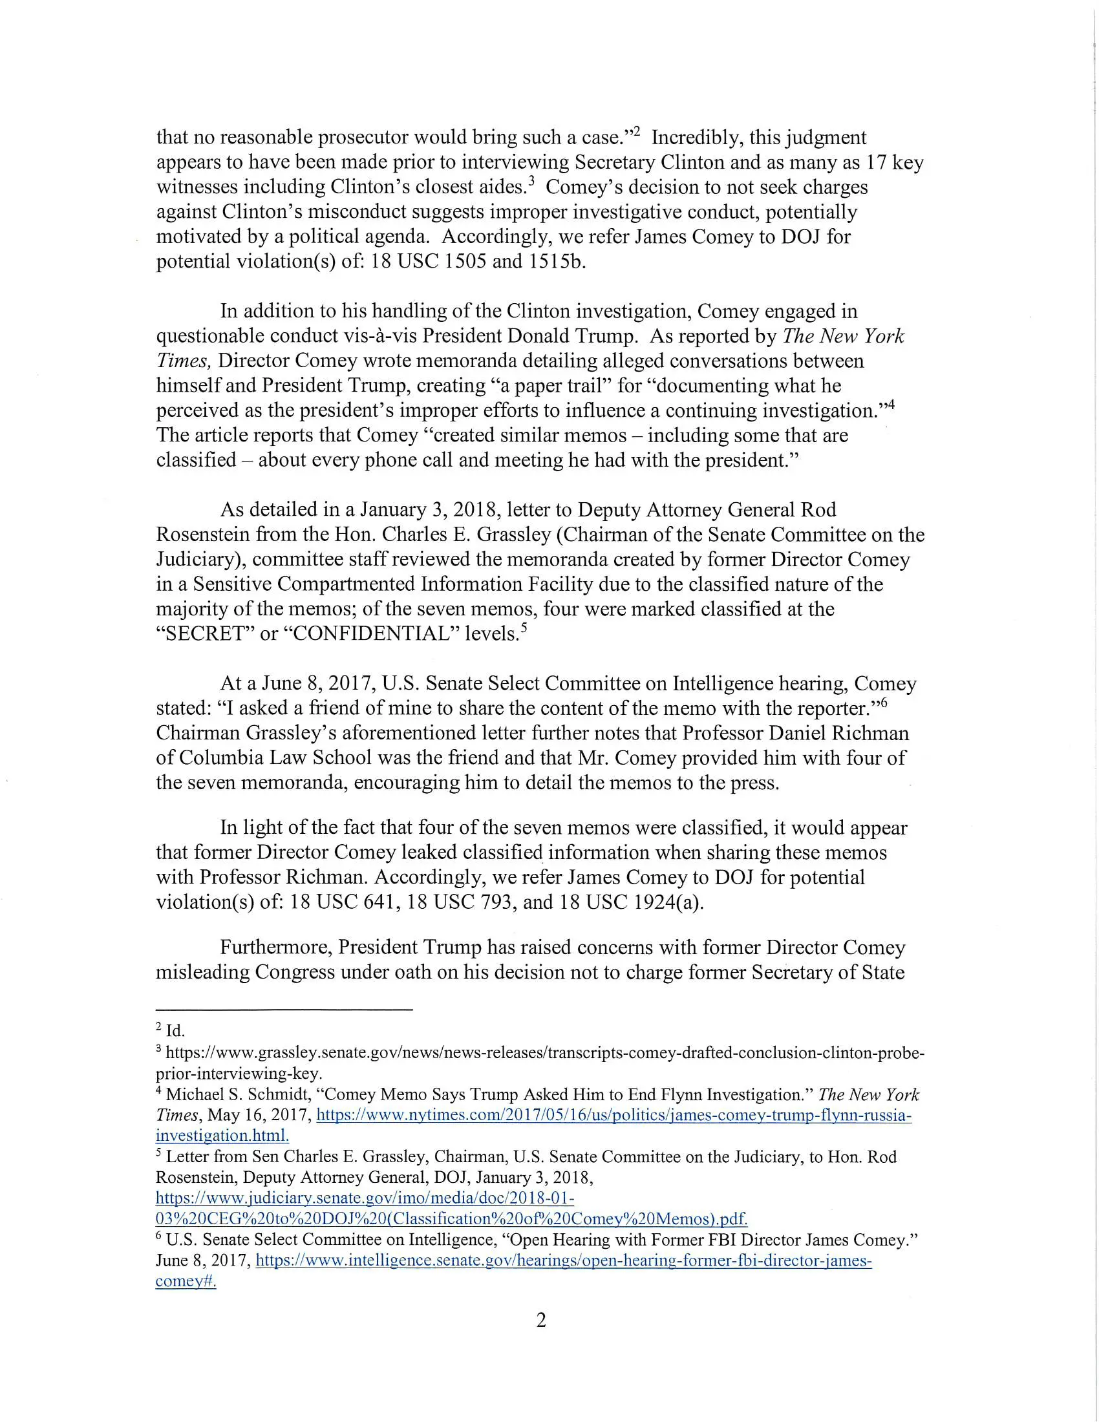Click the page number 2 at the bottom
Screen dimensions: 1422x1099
(540, 1321)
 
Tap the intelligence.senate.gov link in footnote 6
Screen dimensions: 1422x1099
(563, 1260)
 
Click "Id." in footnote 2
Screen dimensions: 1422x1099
(175, 1031)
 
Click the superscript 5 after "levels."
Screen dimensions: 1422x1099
(523, 628)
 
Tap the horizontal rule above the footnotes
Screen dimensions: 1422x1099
(284, 1010)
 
